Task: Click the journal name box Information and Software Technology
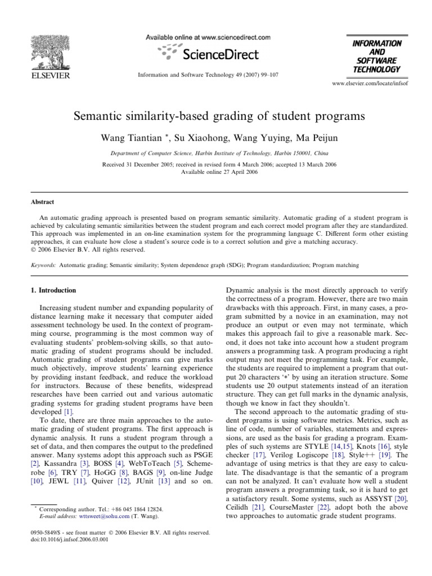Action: point(369,56)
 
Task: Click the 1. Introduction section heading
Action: point(55,290)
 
